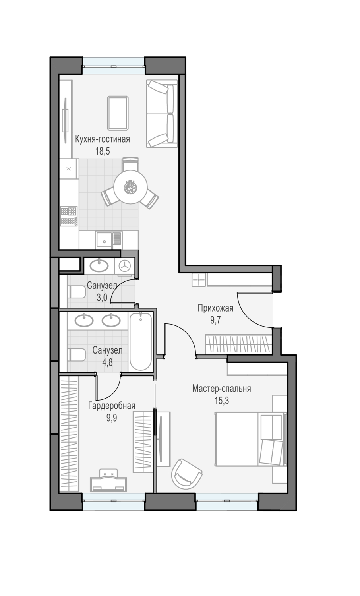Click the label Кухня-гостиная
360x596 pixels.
coord(103,139)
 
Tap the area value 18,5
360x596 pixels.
coord(103,151)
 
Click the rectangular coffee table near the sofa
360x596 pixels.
coord(118,113)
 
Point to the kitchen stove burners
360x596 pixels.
coord(69,216)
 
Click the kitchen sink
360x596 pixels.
coord(109,240)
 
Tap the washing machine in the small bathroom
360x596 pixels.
coord(124,265)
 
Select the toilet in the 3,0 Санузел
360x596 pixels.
coord(77,292)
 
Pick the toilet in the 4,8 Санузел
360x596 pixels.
coord(77,355)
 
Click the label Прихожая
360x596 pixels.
coord(215,308)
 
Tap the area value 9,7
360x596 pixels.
coord(215,320)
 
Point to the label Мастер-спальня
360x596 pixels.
coord(222,389)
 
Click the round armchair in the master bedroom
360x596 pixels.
coord(186,474)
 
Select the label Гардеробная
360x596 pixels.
coord(112,406)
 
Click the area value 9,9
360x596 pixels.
coord(112,418)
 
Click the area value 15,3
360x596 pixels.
coord(222,401)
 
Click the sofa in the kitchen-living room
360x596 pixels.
coord(162,114)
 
